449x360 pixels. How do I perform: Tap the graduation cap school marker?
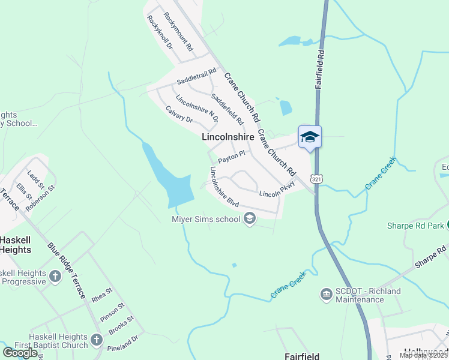point(310,137)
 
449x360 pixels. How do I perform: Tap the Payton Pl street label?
point(232,157)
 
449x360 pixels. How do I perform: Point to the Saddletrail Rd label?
point(196,77)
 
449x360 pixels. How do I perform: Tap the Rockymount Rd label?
point(178,31)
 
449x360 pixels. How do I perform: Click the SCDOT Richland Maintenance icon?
point(327,293)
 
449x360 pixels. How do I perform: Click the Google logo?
point(20,353)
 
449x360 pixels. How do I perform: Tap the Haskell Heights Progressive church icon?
point(55,277)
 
